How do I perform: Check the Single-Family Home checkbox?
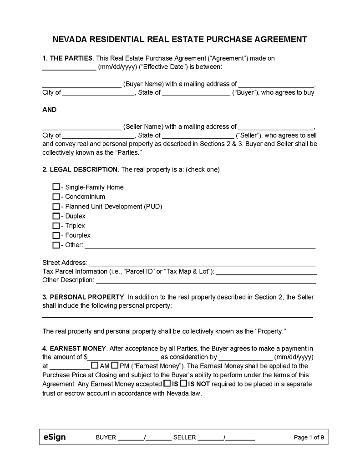click(x=56, y=187)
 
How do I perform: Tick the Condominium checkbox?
click(x=56, y=197)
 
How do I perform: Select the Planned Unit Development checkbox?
click(x=56, y=207)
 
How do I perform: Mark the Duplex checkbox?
click(x=56, y=216)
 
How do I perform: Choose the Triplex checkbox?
click(x=56, y=226)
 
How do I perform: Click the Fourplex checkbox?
click(x=56, y=235)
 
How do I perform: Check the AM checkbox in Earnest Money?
click(x=95, y=365)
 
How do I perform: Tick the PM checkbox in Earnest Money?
click(x=115, y=365)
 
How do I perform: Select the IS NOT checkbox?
click(x=183, y=384)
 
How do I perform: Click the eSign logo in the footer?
click(x=55, y=437)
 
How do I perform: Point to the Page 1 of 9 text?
click(x=309, y=438)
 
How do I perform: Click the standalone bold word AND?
click(x=50, y=110)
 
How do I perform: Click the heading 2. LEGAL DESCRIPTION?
click(x=81, y=169)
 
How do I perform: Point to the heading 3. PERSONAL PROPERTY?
click(x=83, y=297)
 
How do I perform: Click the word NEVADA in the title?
click(x=73, y=40)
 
